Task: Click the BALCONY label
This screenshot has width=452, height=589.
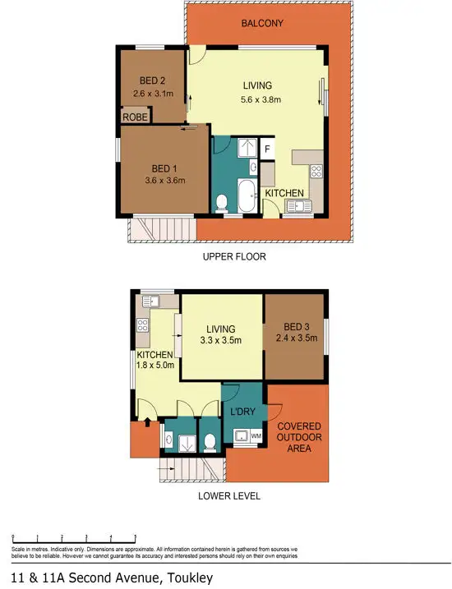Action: (262, 23)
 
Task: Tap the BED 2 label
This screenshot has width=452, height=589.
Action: (152, 81)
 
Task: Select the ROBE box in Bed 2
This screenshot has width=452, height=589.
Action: (135, 117)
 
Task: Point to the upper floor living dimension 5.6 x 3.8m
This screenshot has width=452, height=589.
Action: (257, 100)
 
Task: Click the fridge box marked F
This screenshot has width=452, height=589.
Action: (266, 149)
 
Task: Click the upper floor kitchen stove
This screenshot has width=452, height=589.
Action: (316, 173)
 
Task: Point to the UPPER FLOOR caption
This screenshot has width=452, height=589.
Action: (234, 256)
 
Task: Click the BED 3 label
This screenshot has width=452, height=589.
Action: (295, 326)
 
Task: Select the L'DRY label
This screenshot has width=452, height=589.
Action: (242, 411)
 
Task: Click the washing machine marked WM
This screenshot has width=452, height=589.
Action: (256, 435)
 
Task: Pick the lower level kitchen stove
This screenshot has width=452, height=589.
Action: (142, 325)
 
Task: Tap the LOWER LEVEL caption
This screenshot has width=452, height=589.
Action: (229, 496)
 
